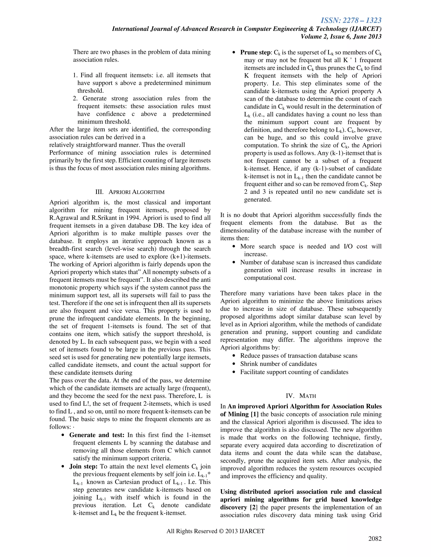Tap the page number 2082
[375, 539]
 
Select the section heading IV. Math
[301, 396]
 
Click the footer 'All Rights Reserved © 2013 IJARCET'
[215, 531]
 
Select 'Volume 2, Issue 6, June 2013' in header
[341, 37]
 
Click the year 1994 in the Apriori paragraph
[133, 218]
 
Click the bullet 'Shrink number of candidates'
[278, 364]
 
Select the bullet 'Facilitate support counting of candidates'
[294, 372]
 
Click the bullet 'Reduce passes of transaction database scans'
[299, 356]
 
